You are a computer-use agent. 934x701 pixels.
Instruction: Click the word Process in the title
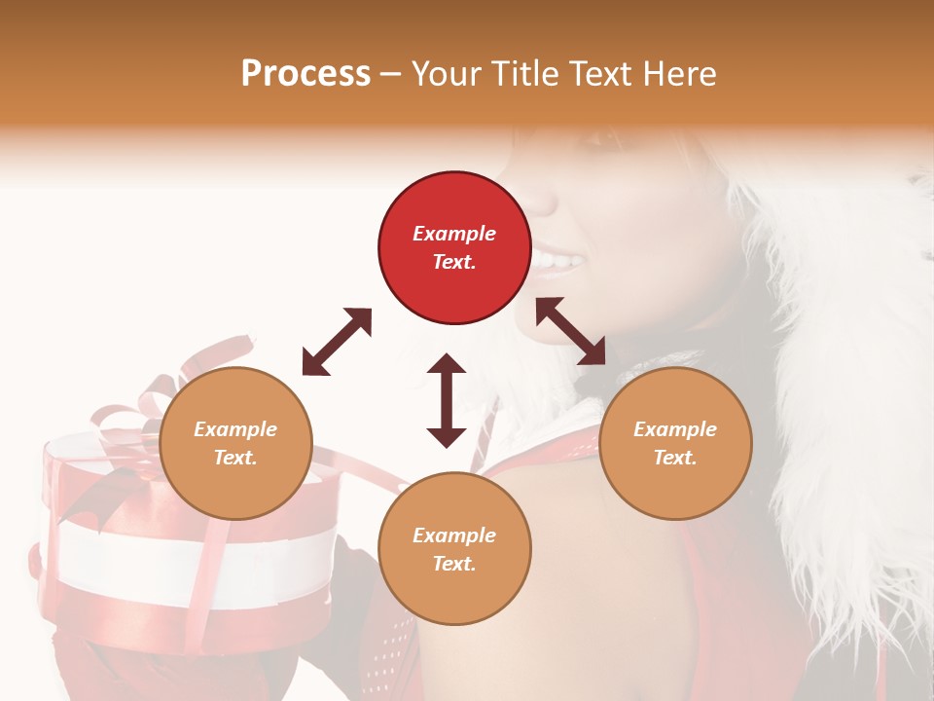(305, 74)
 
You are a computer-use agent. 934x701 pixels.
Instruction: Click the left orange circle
(235, 443)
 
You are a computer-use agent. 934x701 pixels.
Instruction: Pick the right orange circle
(675, 443)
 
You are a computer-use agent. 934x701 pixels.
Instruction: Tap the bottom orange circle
(454, 548)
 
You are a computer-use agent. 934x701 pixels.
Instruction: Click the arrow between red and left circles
(337, 342)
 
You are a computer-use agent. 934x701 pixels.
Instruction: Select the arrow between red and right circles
(571, 331)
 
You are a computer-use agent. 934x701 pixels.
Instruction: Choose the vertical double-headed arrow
(447, 400)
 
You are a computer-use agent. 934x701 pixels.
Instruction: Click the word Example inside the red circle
(454, 234)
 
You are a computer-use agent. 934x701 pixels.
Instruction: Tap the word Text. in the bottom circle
(454, 564)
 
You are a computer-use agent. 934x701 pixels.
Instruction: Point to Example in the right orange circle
(675, 429)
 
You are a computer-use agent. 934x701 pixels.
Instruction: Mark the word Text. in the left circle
(235, 458)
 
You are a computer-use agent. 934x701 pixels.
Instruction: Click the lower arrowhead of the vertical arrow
(447, 435)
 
